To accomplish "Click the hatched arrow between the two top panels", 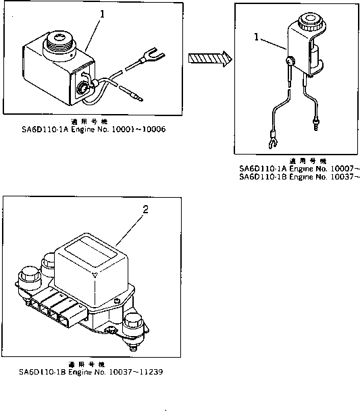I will tap(208, 59).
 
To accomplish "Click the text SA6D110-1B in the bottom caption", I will tap(41, 372).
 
